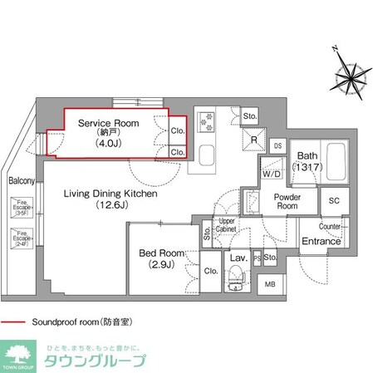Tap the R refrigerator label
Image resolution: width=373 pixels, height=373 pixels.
[x=253, y=140]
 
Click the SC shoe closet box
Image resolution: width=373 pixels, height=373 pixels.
[x=334, y=201]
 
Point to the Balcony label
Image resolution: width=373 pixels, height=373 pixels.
[x=22, y=180]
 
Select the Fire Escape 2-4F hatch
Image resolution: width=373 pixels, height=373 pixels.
[x=21, y=238]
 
